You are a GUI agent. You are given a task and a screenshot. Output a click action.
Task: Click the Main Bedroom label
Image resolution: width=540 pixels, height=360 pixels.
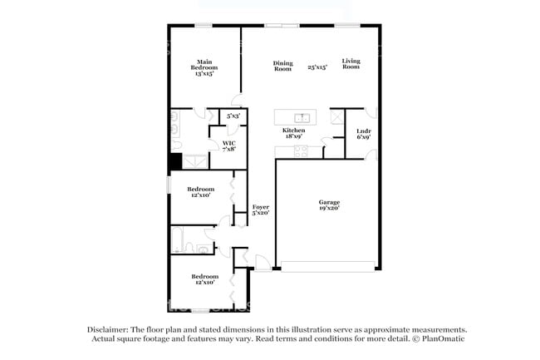point(204,66)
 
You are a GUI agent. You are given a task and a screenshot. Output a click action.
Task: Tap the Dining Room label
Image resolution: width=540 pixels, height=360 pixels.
point(282,66)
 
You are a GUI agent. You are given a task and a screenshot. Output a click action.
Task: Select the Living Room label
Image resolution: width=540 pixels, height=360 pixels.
point(351,63)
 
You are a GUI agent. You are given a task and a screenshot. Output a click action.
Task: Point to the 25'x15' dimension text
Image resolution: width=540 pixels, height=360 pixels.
point(317,67)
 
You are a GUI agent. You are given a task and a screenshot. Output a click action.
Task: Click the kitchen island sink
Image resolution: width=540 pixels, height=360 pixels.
point(303,117)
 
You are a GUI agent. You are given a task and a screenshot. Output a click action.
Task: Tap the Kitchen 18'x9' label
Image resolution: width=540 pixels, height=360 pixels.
point(293,133)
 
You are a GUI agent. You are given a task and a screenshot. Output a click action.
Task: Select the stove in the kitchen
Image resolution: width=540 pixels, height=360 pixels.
point(301,150)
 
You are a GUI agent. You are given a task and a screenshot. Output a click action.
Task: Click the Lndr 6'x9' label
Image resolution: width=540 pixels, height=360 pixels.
point(363,133)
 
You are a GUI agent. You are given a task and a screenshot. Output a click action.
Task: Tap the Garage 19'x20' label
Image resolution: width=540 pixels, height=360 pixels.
point(329,205)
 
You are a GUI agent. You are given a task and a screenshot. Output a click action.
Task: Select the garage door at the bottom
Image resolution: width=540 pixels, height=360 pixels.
point(327,266)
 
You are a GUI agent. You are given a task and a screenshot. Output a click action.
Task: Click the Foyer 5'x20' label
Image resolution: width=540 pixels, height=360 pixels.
point(260,210)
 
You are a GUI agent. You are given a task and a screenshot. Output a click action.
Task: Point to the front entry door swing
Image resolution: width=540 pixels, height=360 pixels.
point(261,264)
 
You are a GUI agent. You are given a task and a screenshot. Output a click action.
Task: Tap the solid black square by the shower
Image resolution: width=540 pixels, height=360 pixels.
point(175,162)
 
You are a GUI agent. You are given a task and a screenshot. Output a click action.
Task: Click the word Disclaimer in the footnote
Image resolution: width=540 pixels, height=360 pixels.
point(111,329)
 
